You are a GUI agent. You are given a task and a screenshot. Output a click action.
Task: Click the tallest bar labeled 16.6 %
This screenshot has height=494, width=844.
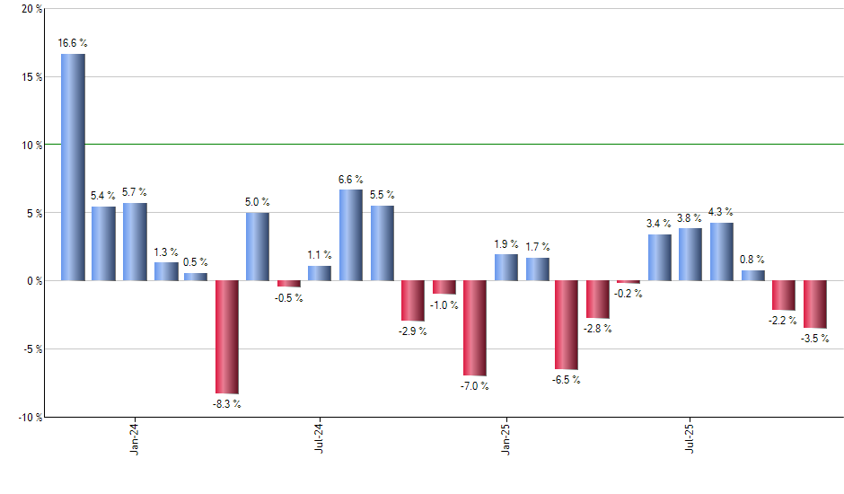click(x=73, y=167)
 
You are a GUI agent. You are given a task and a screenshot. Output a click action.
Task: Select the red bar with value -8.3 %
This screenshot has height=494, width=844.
click(x=227, y=337)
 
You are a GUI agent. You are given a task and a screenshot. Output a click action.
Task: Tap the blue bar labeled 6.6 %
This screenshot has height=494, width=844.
click(x=351, y=235)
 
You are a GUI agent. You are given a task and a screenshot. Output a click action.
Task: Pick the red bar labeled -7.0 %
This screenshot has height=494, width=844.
click(x=475, y=328)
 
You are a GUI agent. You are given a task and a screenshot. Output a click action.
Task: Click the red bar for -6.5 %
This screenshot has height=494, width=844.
click(x=567, y=324)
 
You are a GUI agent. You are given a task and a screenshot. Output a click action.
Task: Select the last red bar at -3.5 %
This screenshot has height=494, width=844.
click(x=814, y=304)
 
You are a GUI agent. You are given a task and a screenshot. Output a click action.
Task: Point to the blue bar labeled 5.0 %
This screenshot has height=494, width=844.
click(x=258, y=246)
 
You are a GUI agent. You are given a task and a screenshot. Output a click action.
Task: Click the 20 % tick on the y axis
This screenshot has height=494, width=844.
click(x=31, y=9)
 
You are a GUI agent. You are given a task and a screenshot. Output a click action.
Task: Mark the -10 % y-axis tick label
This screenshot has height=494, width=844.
click(x=29, y=417)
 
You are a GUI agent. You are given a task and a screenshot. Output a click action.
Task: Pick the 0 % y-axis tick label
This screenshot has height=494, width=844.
click(x=34, y=281)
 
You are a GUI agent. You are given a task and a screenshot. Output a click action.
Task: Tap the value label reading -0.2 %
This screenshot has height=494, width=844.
click(x=629, y=294)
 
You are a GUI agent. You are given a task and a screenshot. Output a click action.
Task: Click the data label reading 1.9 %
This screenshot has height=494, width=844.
click(x=506, y=244)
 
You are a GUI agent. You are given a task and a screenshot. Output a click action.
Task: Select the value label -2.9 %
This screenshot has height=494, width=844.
click(x=413, y=331)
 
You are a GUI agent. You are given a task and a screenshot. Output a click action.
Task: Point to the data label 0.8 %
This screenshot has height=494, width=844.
click(x=752, y=260)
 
